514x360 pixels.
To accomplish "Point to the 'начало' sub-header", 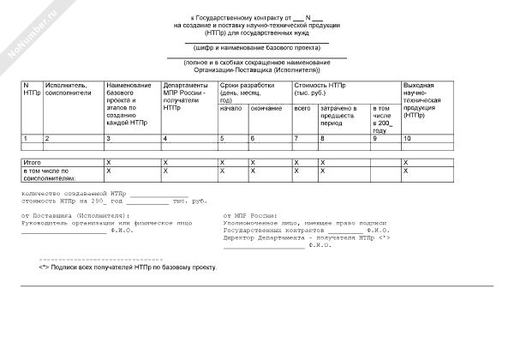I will (x=230, y=109).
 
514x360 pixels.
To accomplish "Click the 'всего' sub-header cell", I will (x=302, y=109).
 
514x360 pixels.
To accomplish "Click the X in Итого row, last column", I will (x=406, y=161).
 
